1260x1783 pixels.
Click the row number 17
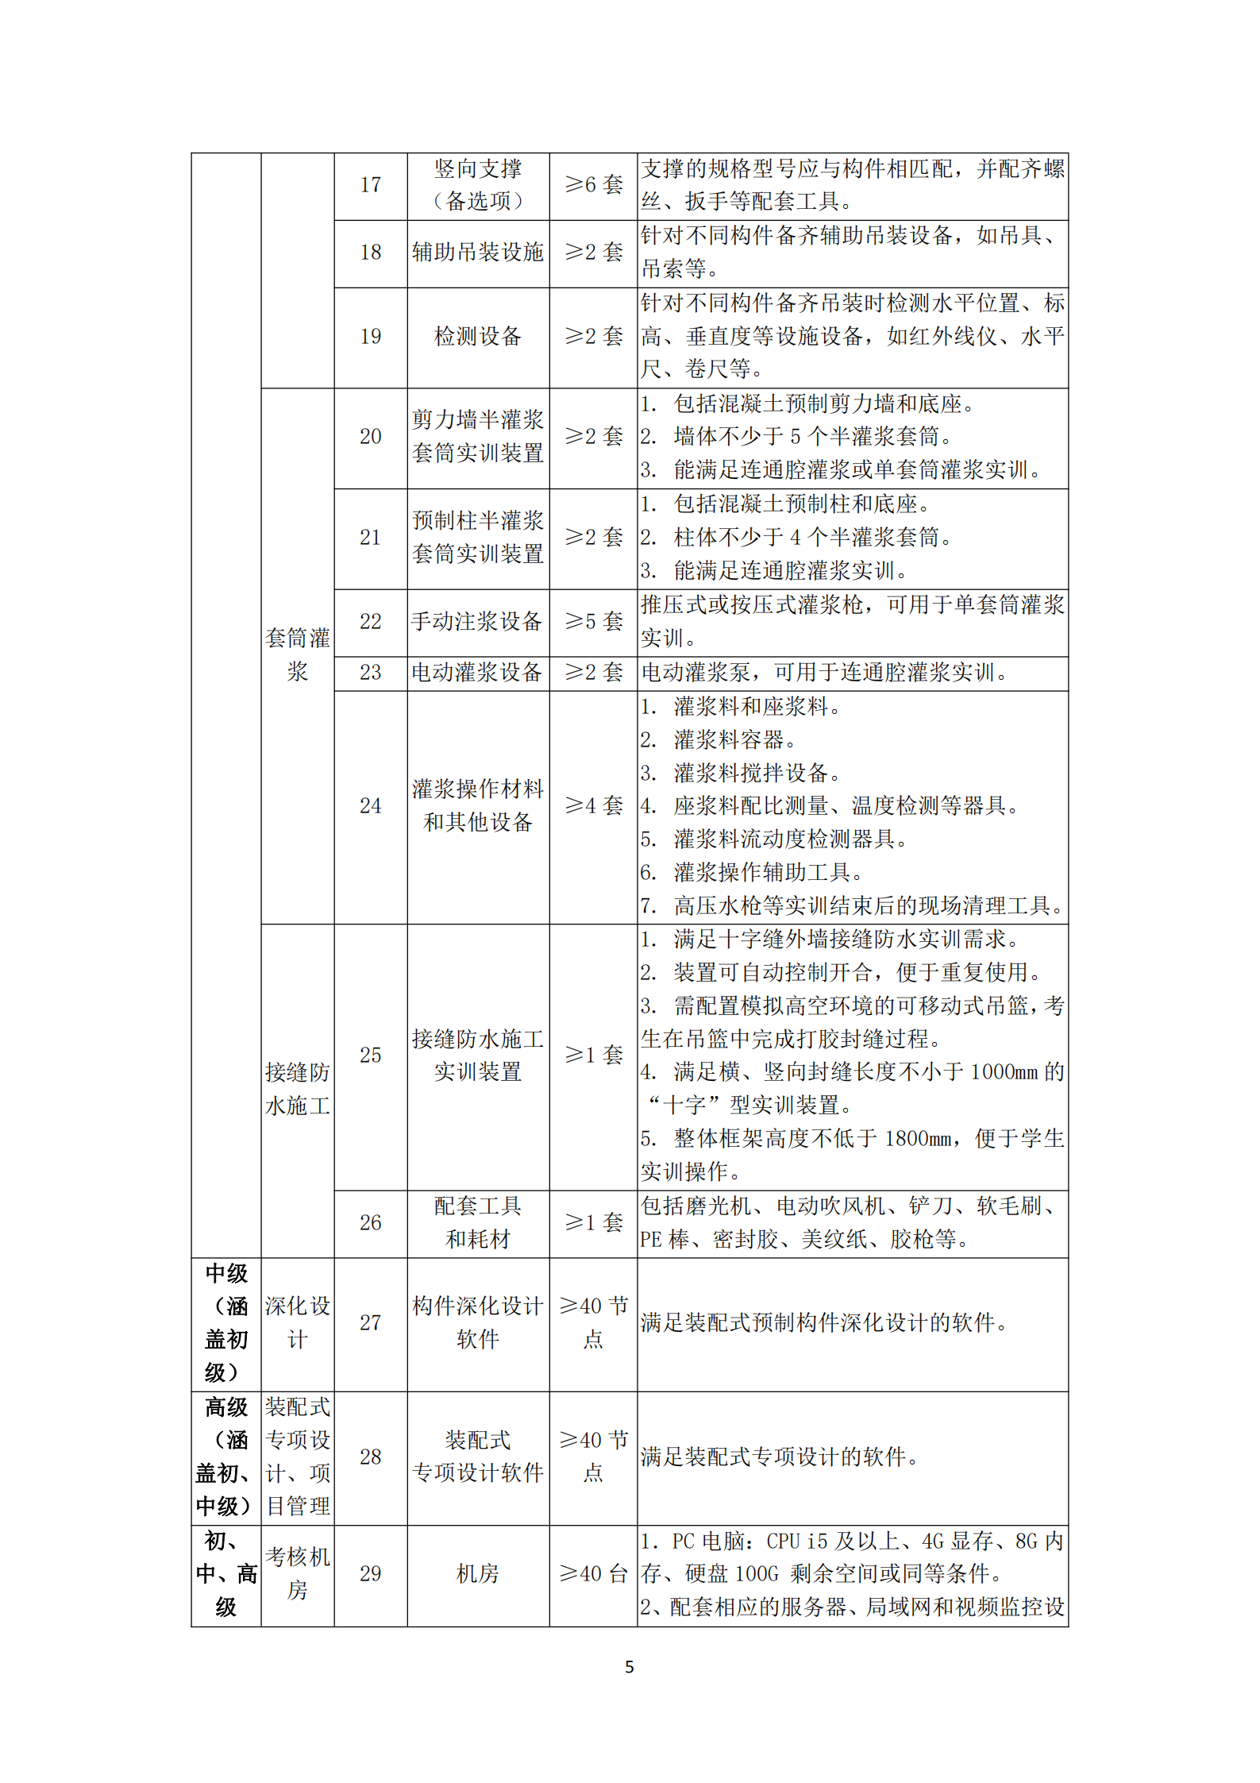click(x=370, y=185)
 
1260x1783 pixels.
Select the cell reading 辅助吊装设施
click(x=477, y=253)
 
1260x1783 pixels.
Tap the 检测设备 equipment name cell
click(x=477, y=337)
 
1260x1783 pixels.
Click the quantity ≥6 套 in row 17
click(x=593, y=185)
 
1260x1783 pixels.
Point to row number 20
click(x=370, y=437)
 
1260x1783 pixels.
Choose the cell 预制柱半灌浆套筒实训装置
click(x=477, y=537)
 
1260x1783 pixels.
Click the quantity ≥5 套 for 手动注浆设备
click(x=593, y=621)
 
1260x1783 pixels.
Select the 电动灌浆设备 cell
click(x=477, y=673)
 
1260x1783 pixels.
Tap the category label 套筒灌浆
click(x=297, y=654)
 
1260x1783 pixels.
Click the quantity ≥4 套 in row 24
click(x=593, y=805)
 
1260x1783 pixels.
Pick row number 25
click(x=370, y=1055)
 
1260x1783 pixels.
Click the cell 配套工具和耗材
click(x=477, y=1222)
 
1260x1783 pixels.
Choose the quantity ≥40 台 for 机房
click(x=593, y=1573)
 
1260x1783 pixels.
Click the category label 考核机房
click(x=297, y=1573)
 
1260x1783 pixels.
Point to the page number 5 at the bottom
click(x=630, y=1667)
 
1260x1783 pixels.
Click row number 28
click(x=370, y=1457)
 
